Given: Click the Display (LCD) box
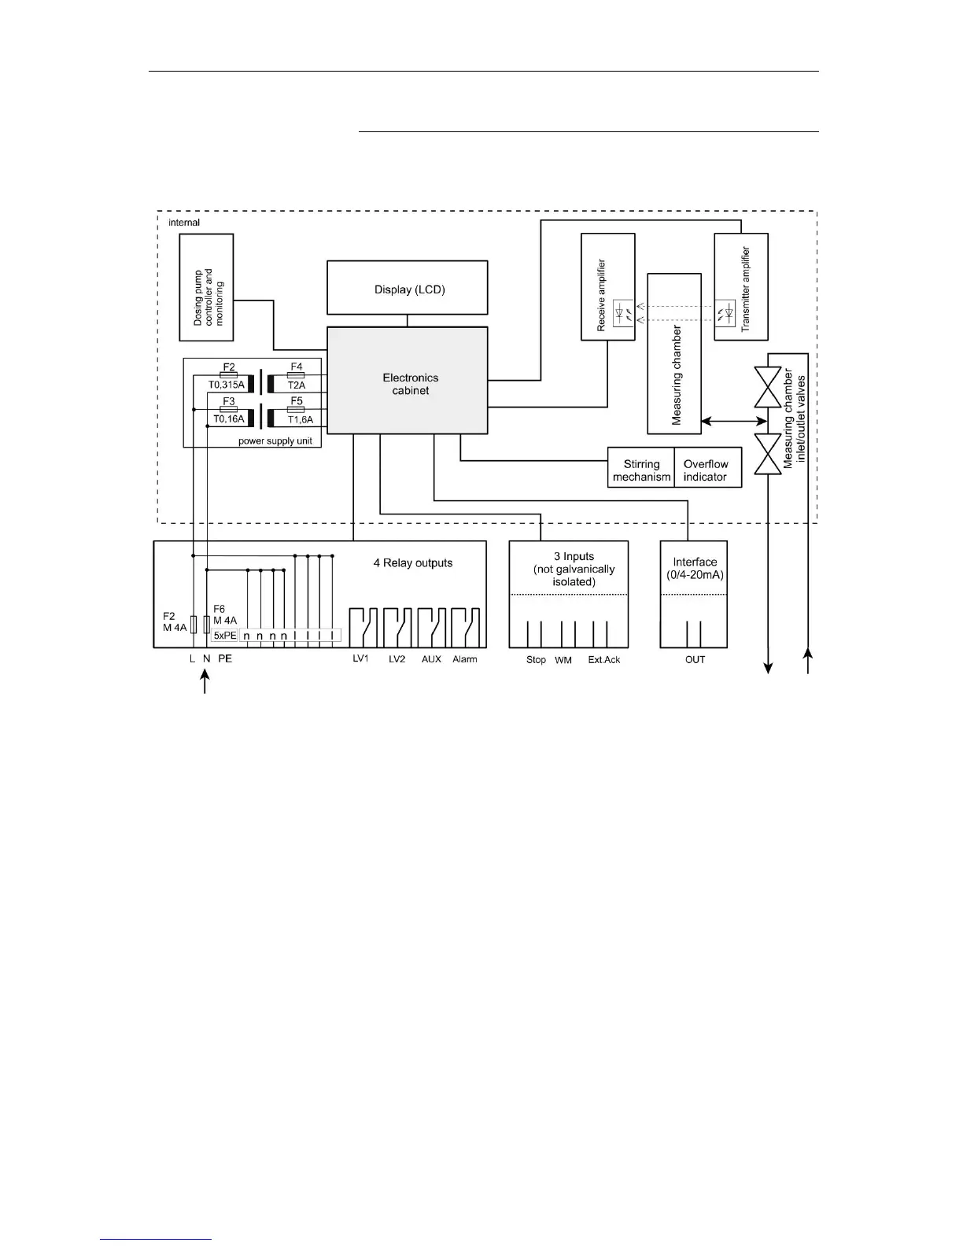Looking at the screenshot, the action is pos(408,289).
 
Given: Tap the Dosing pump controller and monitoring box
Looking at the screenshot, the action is pos(207,287).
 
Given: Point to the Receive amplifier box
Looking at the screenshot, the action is pos(607,287).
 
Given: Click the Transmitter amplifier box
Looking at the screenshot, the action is pos(741,287).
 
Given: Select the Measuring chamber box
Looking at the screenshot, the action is pos(674,354).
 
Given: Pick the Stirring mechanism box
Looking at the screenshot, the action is pos(641,470).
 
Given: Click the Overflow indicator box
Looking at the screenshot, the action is pos(707,470).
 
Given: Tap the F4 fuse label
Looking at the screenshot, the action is pos(296,367).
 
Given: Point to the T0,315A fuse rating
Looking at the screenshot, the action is pos(227,385).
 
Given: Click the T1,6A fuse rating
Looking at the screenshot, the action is pos(301,419).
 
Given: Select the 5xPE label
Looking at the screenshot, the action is pos(225,635).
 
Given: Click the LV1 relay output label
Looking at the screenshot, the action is pos(360,659).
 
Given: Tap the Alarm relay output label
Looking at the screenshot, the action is pos(464,659).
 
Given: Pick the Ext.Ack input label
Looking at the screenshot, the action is pos(603,660).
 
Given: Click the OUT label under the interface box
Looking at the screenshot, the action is pos(695,660).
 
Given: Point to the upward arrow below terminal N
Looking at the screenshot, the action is pos(205,681).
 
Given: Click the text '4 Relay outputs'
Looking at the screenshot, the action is pos(413,563).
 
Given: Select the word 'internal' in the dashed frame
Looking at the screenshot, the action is pos(184,223).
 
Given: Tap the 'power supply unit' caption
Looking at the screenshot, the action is pos(275,441).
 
